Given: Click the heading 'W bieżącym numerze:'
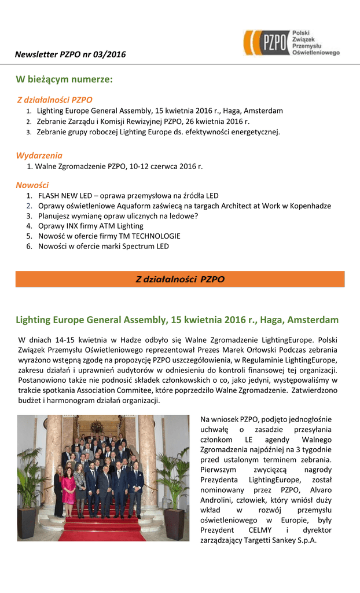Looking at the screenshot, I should (x=64, y=79).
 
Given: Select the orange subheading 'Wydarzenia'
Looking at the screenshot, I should (x=39, y=155).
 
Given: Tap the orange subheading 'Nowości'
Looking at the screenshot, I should (x=32, y=185).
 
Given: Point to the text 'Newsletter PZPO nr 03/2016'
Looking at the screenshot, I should (x=70, y=54).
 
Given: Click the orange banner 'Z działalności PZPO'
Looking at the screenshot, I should (x=180, y=279).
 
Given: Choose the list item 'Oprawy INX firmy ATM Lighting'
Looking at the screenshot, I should (x=90, y=226).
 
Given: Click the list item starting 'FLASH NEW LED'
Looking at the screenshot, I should (x=128, y=196).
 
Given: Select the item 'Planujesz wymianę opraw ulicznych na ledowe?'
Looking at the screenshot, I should (x=118, y=216).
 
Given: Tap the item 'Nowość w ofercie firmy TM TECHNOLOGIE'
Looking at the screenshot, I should (x=109, y=236).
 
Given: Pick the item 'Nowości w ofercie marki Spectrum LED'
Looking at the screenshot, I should (x=103, y=246).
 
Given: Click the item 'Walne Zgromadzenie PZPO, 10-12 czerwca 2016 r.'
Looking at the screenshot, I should (x=119, y=166).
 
